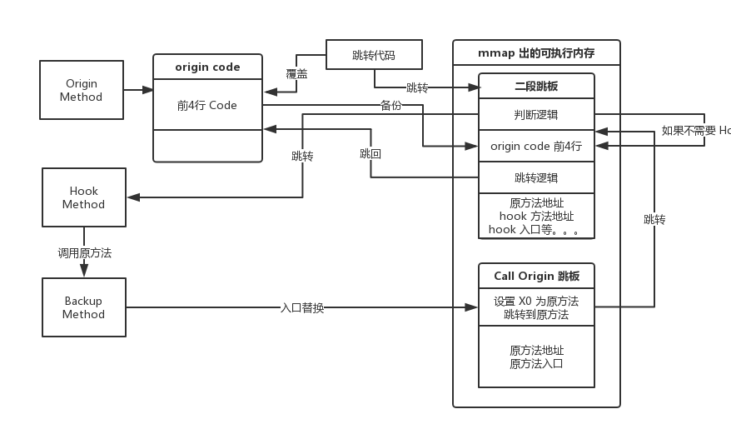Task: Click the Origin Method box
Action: click(x=82, y=90)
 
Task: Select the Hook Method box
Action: click(x=83, y=197)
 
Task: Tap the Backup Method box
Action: click(x=83, y=307)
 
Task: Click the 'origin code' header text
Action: click(x=207, y=67)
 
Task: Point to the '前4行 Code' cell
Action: click(x=207, y=106)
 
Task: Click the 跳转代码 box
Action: click(x=374, y=56)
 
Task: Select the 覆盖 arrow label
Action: click(x=296, y=74)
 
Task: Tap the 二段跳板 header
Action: click(x=536, y=87)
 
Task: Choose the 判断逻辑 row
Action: click(x=536, y=115)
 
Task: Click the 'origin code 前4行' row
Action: click(x=536, y=146)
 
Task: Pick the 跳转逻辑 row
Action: click(x=536, y=177)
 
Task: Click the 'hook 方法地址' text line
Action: click(x=536, y=217)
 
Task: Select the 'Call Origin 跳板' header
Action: click(x=536, y=277)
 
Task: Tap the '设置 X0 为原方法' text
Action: click(x=536, y=301)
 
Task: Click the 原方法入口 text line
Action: click(x=536, y=363)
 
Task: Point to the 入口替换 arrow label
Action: click(x=301, y=308)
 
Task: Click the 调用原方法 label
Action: click(x=84, y=252)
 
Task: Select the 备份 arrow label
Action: click(x=391, y=105)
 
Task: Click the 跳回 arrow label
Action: click(x=370, y=154)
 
